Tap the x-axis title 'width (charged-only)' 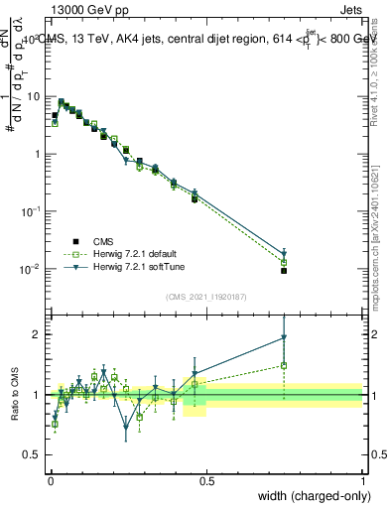pos(310,495)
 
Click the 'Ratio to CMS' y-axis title pos(17,395)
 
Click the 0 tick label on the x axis pos(51,481)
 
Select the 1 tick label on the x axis pos(362,481)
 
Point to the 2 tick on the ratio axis pos(39,334)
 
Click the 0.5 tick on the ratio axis pos(35,454)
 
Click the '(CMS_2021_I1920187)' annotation pos(206,297)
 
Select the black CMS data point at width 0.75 pos(284,271)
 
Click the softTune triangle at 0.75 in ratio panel pos(284,337)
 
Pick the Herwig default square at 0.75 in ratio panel pos(284,365)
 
